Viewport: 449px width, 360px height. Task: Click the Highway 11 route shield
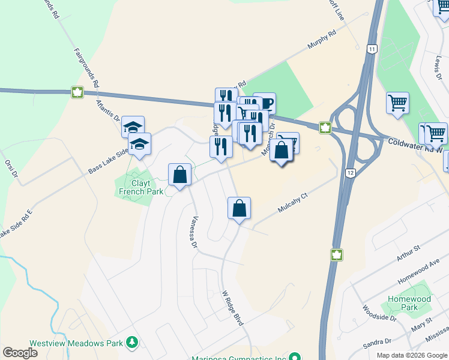click(x=373, y=49)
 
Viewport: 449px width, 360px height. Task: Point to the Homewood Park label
click(x=409, y=303)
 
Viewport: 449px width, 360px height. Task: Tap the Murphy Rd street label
click(x=321, y=41)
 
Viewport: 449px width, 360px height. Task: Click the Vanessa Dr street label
click(x=194, y=232)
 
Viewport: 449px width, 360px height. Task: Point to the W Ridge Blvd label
click(x=233, y=308)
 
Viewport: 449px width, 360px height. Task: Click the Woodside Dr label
click(x=372, y=313)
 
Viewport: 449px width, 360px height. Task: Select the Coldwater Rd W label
click(x=414, y=145)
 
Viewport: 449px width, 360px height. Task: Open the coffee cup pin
click(x=265, y=103)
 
